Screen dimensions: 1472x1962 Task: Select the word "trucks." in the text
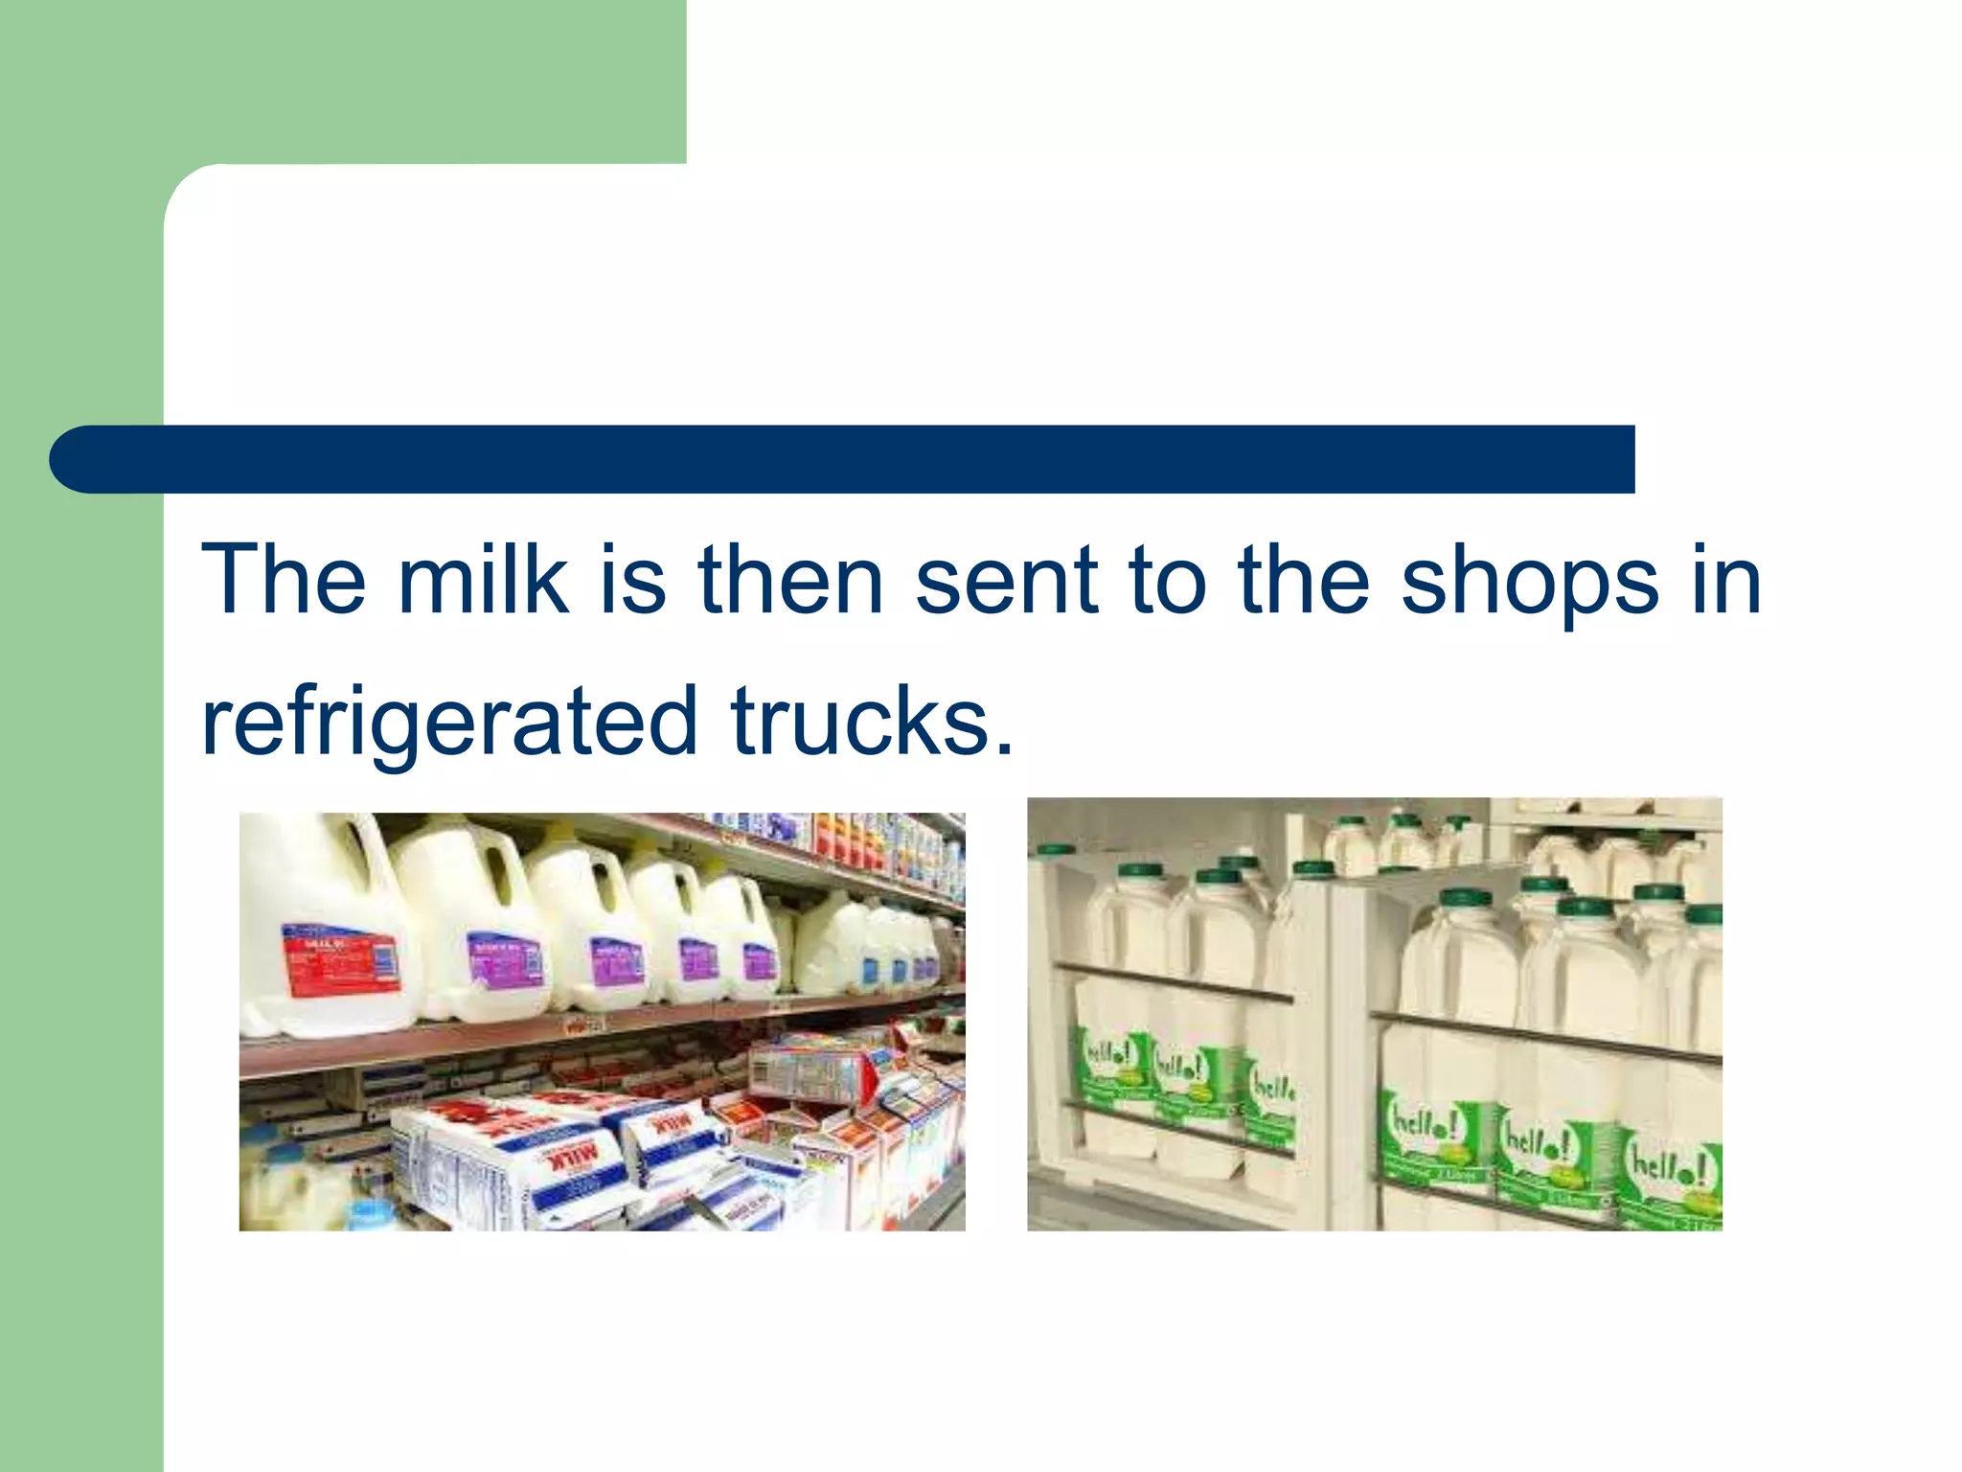871,721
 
